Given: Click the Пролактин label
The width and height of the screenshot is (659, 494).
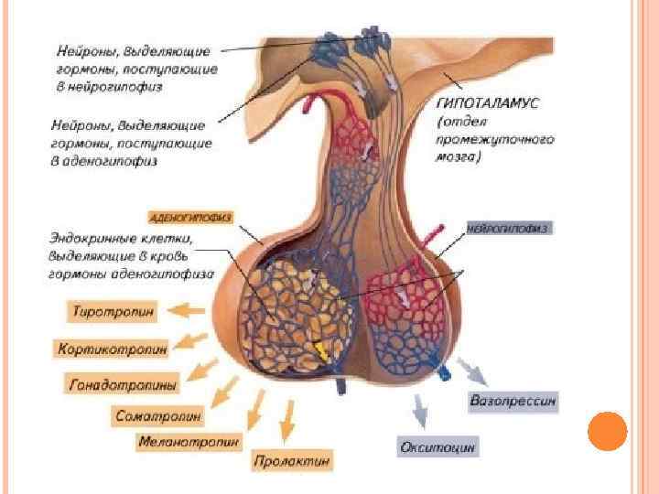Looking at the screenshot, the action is (292, 460).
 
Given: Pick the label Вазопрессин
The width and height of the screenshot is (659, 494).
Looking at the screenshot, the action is (513, 401).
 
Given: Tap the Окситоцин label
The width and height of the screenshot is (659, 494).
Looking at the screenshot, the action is (438, 447).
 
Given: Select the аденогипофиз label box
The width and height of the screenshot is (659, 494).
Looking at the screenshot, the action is (190, 218).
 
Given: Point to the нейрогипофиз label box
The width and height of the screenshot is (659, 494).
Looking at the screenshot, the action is (508, 228).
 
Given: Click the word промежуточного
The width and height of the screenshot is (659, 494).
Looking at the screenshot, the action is (496, 140).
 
